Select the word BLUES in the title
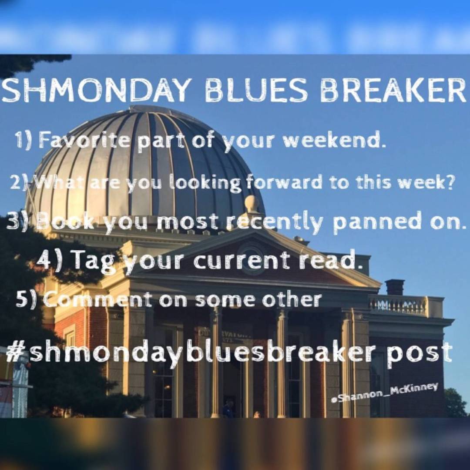coord(256,90)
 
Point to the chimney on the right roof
coord(395,287)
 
